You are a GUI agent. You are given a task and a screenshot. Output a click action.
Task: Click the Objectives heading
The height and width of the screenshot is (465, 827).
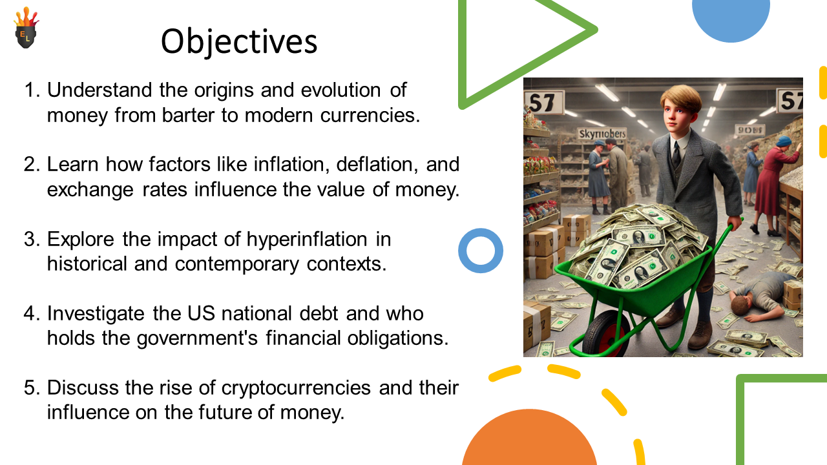tap(239, 42)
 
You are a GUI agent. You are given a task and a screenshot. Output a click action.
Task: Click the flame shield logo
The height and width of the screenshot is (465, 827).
tap(26, 28)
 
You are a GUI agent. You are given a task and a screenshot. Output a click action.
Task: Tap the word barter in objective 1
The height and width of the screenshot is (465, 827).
tap(188, 115)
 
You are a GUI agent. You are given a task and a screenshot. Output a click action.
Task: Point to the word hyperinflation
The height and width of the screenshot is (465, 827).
tap(307, 240)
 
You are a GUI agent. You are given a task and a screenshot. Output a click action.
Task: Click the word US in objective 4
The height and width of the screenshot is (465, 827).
tap(201, 313)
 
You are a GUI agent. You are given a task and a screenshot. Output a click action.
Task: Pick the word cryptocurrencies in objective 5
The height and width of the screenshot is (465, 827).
tap(296, 389)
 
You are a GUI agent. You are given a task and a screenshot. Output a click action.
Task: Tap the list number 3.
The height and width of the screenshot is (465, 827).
tap(32, 239)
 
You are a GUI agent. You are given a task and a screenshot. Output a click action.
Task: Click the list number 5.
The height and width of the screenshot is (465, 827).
tap(32, 388)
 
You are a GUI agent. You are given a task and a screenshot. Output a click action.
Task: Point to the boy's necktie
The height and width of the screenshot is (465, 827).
tap(676, 154)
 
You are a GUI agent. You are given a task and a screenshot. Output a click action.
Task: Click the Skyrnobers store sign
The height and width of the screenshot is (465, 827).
tap(602, 134)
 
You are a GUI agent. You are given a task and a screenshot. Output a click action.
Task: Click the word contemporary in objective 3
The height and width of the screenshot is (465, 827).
tap(236, 265)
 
